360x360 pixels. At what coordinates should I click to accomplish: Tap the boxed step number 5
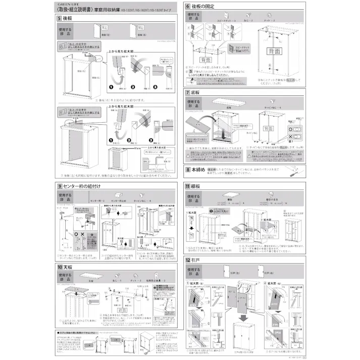point(60,18)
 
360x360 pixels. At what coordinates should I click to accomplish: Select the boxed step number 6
point(188,6)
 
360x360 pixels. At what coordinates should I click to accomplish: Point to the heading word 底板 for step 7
point(198,93)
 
